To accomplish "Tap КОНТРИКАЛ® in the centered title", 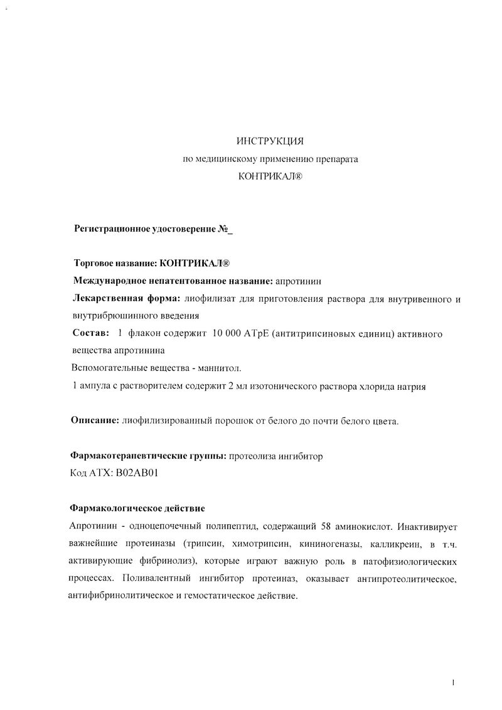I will (270, 178).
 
